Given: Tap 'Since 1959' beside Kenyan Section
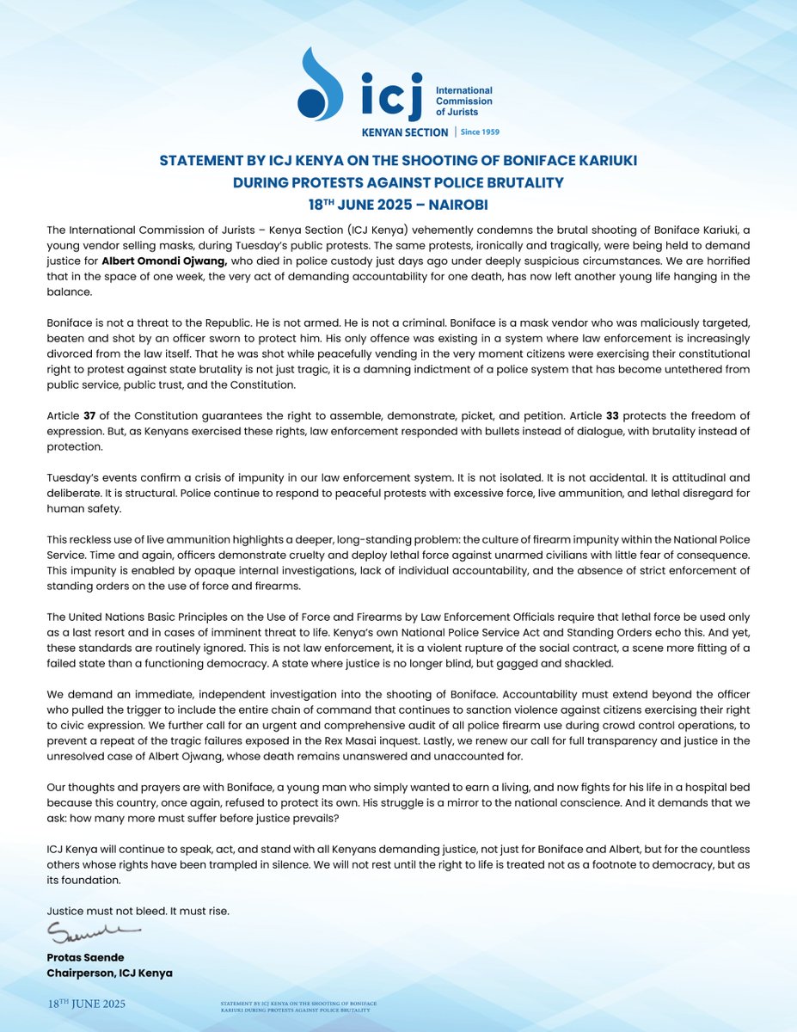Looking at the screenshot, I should pyautogui.click(x=480, y=132).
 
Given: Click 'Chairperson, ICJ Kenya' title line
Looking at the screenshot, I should pyautogui.click(x=110, y=973).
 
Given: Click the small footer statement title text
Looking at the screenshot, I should pyautogui.click(x=298, y=1007).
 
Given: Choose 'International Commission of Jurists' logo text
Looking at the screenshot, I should pyautogui.click(x=464, y=101).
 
